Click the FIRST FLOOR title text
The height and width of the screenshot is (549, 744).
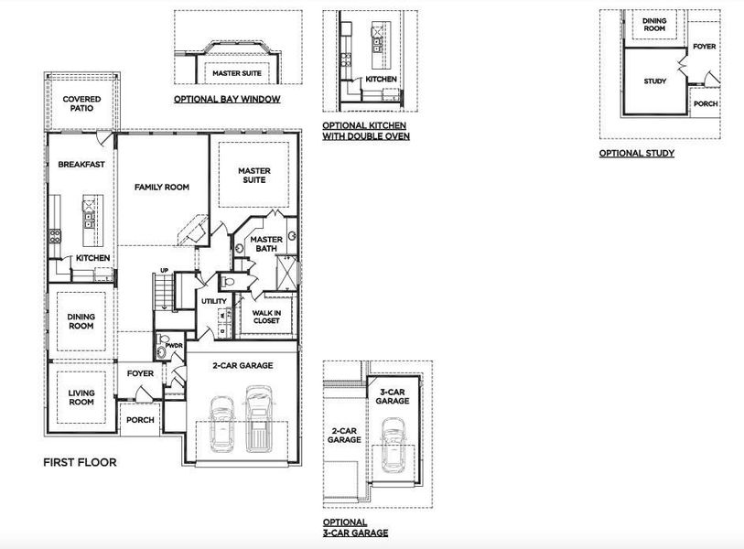coord(80,462)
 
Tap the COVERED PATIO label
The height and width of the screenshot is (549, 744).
coord(81,103)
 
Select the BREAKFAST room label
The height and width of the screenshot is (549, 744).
coord(81,165)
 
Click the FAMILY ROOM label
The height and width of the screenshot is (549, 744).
coord(161,187)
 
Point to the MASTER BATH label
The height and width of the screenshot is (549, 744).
coord(265,244)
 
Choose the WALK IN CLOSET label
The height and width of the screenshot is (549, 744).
coord(266,317)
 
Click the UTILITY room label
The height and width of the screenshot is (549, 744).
coord(214,301)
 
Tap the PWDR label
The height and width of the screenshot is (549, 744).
coord(174,346)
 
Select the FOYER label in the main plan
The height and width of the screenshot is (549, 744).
coord(140,373)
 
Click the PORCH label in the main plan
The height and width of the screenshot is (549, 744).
coord(140,420)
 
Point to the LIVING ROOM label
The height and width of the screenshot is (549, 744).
coord(81,397)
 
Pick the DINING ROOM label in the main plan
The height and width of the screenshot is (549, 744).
coord(81,321)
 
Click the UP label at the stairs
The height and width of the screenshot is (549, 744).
coord(165,271)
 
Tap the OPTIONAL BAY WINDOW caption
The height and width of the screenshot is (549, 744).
coord(227,99)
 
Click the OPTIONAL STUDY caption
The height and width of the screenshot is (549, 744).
coord(637,153)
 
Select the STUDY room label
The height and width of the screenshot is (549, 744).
coord(654,81)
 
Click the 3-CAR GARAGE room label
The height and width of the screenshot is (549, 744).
coord(393,396)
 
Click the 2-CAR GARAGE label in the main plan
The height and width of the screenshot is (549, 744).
coord(243,365)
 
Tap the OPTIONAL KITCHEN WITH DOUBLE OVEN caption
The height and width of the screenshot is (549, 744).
coord(366,130)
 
